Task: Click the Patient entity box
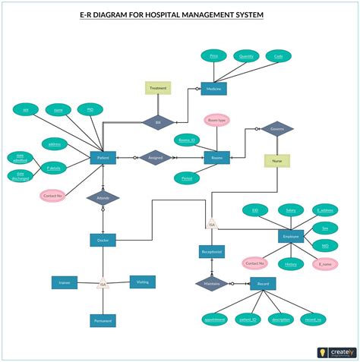pyautogui.click(x=103, y=158)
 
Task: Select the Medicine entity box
pyautogui.click(x=213, y=88)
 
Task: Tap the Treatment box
pyautogui.click(x=158, y=88)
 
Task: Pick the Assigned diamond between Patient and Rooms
pyautogui.click(x=155, y=158)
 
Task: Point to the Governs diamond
pyautogui.click(x=277, y=129)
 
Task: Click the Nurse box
pyautogui.click(x=277, y=161)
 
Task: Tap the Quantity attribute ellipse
pyautogui.click(x=246, y=55)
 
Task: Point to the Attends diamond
pyautogui.click(x=103, y=198)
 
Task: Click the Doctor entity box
pyautogui.click(x=103, y=240)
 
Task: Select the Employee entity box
pyautogui.click(x=291, y=237)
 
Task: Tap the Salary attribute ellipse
pyautogui.click(x=289, y=209)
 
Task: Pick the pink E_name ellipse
pyautogui.click(x=325, y=264)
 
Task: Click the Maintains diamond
pyautogui.click(x=210, y=284)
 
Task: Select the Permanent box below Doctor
pyautogui.click(x=103, y=321)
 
